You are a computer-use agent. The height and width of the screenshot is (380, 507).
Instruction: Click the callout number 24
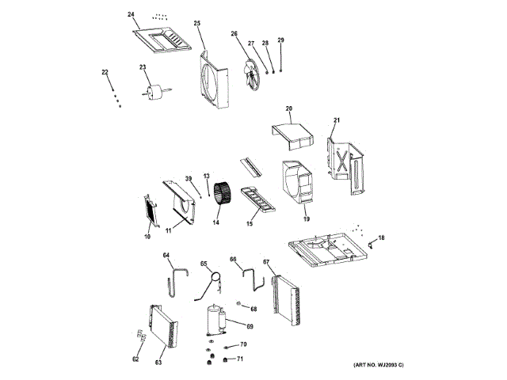tap(132, 15)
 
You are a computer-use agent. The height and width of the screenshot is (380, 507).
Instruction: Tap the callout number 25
tap(196, 24)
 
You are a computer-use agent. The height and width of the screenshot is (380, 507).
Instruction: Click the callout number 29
tap(280, 40)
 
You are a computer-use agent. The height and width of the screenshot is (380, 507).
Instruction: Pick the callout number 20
tap(289, 108)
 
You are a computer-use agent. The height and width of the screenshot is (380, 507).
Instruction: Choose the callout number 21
tap(336, 120)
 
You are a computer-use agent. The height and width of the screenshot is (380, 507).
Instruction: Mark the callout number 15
tap(249, 224)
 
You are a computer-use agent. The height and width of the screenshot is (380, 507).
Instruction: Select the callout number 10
tap(147, 235)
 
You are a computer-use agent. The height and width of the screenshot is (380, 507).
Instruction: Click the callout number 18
tap(382, 237)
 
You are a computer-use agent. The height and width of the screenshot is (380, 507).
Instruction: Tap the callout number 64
tap(166, 255)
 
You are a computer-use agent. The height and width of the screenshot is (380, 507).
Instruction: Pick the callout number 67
tap(266, 262)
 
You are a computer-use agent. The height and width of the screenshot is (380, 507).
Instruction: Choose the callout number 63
tap(158, 363)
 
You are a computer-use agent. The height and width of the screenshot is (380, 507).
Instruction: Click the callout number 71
tap(241, 359)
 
